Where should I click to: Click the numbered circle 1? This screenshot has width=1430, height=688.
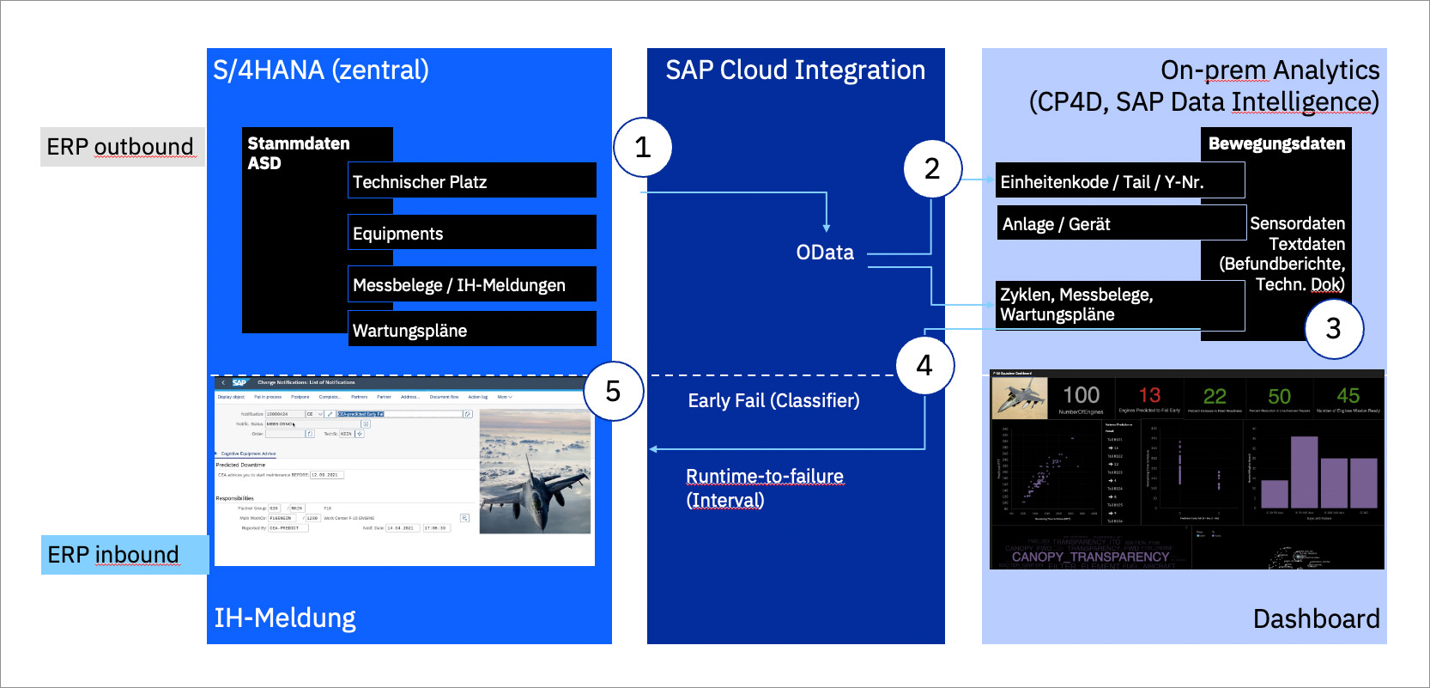(x=643, y=148)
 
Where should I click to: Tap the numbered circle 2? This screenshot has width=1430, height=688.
(x=932, y=168)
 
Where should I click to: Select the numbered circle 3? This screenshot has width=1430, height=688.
(x=1333, y=328)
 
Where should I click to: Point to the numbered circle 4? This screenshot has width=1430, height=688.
(x=924, y=365)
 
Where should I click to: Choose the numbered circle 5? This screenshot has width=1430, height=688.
(x=613, y=392)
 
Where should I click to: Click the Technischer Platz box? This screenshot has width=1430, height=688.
(x=472, y=181)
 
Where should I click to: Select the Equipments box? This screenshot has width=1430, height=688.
(x=472, y=233)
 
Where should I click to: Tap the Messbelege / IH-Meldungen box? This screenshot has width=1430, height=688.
(x=472, y=285)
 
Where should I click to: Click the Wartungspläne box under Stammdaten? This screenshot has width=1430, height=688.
(x=472, y=330)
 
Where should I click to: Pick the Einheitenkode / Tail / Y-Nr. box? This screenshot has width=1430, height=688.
(x=1119, y=181)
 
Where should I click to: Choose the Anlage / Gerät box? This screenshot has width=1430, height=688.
(x=1121, y=223)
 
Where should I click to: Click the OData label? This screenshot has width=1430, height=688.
(x=825, y=253)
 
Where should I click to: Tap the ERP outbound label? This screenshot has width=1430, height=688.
(x=121, y=147)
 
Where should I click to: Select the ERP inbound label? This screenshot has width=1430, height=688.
(x=114, y=555)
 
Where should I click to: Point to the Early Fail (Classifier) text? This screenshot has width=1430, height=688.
(x=773, y=400)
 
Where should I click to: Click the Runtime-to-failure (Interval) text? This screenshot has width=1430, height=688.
(x=764, y=488)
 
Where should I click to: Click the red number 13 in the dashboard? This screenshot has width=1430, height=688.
(x=1149, y=395)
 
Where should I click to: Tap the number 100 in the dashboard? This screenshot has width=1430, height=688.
(x=1081, y=395)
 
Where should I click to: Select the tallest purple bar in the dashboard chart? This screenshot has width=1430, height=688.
(x=1304, y=472)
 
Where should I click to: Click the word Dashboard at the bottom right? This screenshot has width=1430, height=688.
(x=1316, y=618)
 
